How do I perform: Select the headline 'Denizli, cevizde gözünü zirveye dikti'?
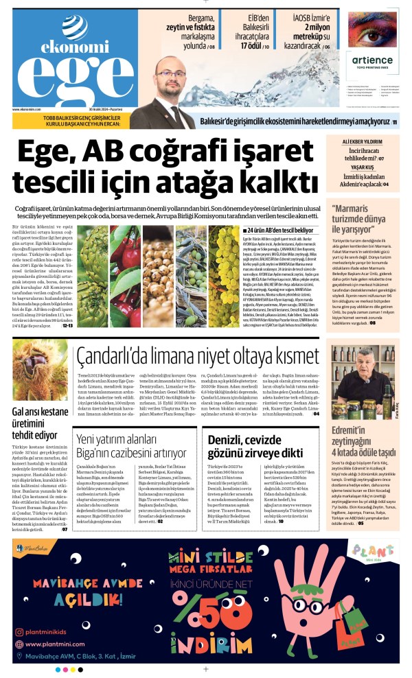pyautogui.click(x=253, y=443)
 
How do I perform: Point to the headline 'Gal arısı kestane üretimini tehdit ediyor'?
pyautogui.click(x=40, y=424)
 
